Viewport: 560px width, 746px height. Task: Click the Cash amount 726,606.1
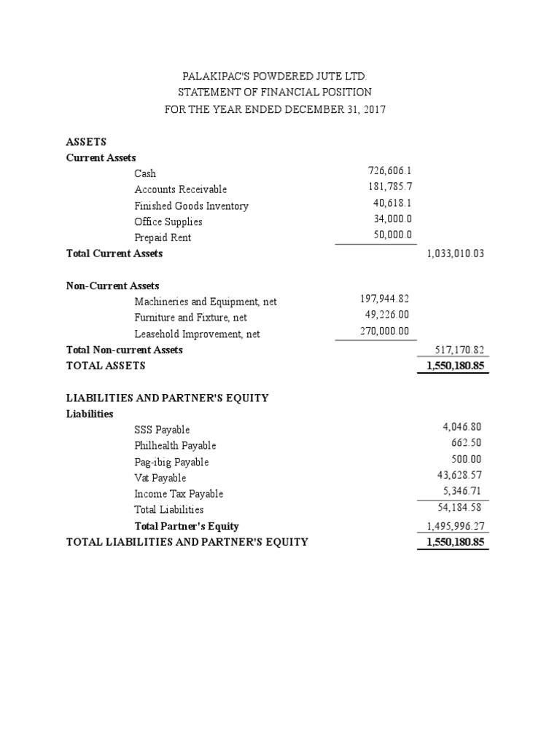click(391, 170)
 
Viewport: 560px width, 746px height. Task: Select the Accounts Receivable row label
click(181, 189)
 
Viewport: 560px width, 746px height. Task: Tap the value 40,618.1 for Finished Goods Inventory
click(393, 203)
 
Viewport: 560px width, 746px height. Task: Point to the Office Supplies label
click(168, 221)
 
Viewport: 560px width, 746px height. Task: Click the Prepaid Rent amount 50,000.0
click(393, 235)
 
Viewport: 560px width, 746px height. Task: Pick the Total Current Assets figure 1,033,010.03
click(455, 254)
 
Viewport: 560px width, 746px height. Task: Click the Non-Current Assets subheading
click(113, 286)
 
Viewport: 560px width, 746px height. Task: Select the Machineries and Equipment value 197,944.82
click(385, 299)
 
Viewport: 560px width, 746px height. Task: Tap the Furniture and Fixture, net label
click(191, 318)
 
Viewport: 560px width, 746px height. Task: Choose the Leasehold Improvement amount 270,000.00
click(385, 331)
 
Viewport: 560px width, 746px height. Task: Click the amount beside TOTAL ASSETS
click(453, 366)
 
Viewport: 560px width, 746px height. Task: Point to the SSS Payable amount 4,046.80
click(462, 427)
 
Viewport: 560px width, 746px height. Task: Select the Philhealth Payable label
click(175, 446)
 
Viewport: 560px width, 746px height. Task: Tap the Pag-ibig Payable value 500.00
click(467, 459)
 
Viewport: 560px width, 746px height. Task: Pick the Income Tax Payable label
click(179, 494)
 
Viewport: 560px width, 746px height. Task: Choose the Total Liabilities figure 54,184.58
click(459, 507)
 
